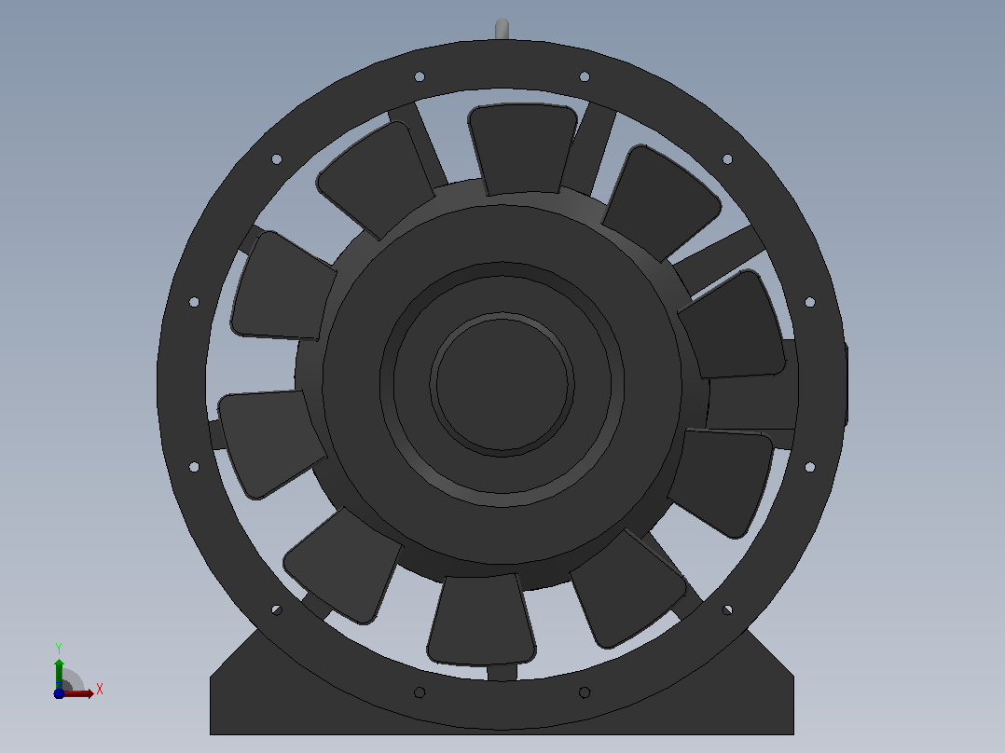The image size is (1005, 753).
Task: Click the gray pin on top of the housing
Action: click(x=502, y=29)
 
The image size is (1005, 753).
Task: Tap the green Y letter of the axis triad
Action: click(x=59, y=648)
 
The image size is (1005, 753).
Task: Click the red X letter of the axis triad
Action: click(x=100, y=690)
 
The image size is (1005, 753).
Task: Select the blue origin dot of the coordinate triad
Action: click(x=59, y=693)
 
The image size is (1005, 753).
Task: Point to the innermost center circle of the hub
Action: click(x=502, y=385)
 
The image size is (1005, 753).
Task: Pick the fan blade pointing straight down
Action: click(x=481, y=620)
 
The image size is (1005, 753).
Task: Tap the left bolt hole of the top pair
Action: click(x=420, y=77)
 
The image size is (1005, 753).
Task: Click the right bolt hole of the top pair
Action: click(x=585, y=77)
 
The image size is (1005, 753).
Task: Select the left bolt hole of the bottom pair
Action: click(x=420, y=692)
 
